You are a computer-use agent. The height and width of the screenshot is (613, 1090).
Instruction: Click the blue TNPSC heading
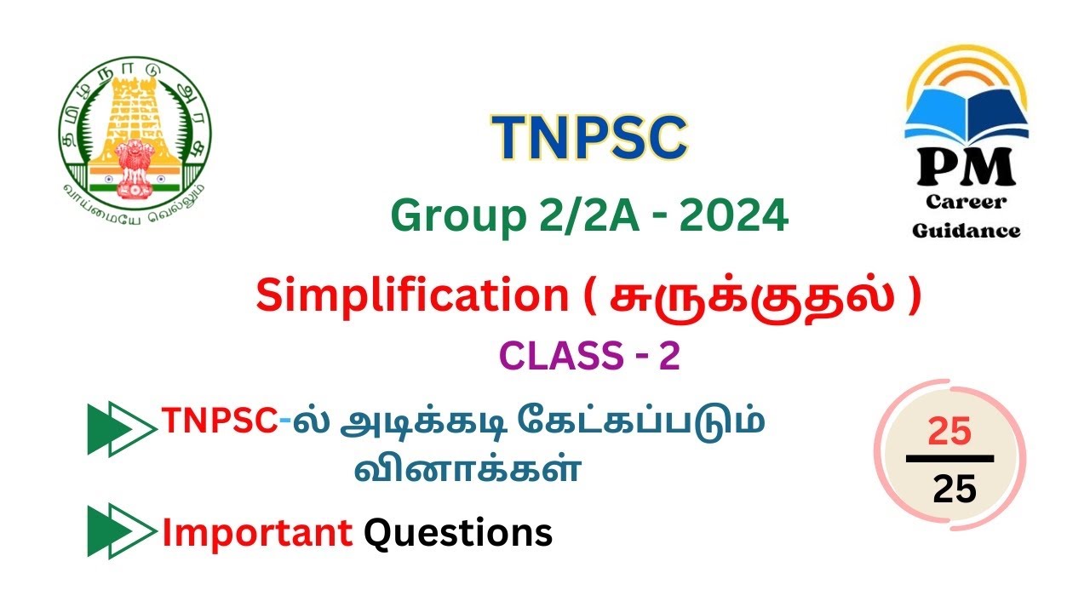coord(588,136)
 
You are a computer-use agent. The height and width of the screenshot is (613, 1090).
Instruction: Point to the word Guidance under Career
coord(967,230)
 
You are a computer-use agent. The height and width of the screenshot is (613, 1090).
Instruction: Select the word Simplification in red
coord(412,296)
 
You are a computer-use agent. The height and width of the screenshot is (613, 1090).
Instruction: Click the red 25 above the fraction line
coord(949,433)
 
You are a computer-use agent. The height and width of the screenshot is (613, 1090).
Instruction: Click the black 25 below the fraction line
coord(954,489)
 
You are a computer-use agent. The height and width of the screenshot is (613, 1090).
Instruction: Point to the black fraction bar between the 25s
coord(949,459)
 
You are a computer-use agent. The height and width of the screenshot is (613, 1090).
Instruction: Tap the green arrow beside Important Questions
coord(121,531)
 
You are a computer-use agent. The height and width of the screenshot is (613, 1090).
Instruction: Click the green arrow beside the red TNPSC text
coord(121,428)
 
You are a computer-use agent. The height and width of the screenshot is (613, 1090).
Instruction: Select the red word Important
coord(257,533)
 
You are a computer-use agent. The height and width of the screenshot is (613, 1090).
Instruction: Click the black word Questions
coord(458,533)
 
